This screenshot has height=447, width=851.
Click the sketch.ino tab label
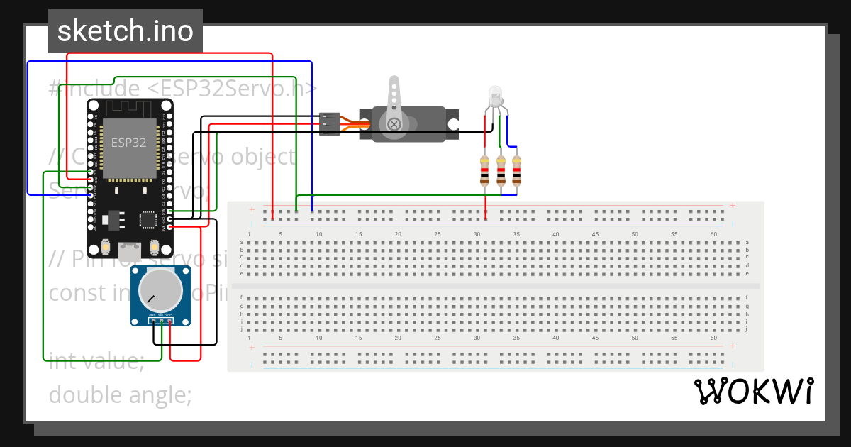pos(126,31)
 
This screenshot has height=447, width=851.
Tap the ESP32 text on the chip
pos(128,142)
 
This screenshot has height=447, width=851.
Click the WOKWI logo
pos(753,391)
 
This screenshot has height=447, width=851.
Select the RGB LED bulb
pos(495,95)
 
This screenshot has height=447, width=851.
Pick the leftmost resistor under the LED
pos(484,171)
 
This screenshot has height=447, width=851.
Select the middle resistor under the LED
pos(501,171)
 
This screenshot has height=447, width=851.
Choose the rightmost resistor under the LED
pos(516,171)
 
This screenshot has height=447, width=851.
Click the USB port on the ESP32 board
pos(129,250)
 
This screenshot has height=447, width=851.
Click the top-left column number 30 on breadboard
pos(477,234)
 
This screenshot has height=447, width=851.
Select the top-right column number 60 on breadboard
pos(713,234)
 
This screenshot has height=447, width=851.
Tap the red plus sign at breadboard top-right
pos(732,206)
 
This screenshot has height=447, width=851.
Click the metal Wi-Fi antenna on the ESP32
pos(129,108)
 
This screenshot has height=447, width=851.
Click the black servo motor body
pos(425,124)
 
